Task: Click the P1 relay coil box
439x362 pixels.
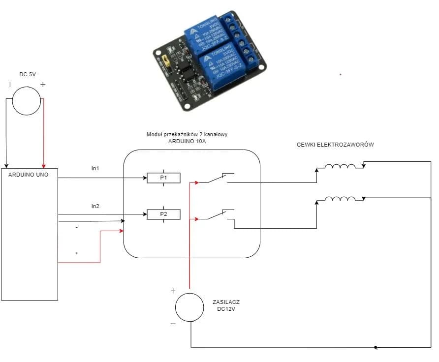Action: tap(163, 178)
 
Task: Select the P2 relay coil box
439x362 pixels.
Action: tap(163, 214)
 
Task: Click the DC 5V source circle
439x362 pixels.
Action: tap(27, 100)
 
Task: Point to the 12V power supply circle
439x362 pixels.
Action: tap(189, 307)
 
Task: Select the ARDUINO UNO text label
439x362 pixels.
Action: tap(29, 174)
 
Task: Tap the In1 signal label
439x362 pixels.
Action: tap(95, 168)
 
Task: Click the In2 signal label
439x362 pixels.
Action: tap(95, 206)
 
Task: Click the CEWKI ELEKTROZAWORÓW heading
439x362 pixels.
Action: tap(336, 145)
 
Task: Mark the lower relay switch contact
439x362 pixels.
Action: tap(216, 215)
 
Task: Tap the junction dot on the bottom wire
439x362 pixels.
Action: tap(376, 347)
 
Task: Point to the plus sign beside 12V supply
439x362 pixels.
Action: tap(173, 291)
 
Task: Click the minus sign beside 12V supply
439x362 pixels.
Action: tap(173, 324)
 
